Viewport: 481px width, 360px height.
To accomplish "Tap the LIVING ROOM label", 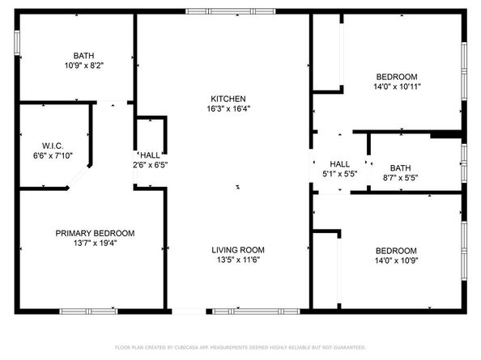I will (238, 250).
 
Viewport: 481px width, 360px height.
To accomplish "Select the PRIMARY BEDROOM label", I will (95, 233).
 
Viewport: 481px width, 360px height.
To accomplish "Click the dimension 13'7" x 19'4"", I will (95, 244).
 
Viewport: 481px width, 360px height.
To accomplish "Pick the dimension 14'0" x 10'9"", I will (396, 261).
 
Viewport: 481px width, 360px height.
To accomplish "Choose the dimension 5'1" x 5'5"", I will (339, 172).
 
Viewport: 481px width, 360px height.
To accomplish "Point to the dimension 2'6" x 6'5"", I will (151, 165).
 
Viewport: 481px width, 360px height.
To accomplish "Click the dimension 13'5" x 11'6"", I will (238, 260).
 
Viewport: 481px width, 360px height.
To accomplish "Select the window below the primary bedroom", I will (88, 311).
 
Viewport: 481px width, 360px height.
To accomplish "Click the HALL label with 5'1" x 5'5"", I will (339, 163).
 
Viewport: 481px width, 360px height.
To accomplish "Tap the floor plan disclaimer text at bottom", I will (240, 348).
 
